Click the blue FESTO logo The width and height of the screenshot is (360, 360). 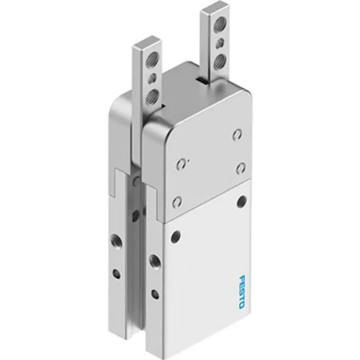pyautogui.click(x=241, y=292)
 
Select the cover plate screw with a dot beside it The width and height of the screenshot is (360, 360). pyautogui.click(x=181, y=165)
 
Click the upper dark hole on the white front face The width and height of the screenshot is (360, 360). pyautogui.click(x=241, y=201)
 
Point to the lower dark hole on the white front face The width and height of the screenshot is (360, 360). pyautogui.click(x=176, y=237)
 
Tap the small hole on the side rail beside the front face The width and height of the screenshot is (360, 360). pyautogui.click(x=155, y=294)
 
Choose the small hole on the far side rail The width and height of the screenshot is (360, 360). pyautogui.click(x=117, y=274)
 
